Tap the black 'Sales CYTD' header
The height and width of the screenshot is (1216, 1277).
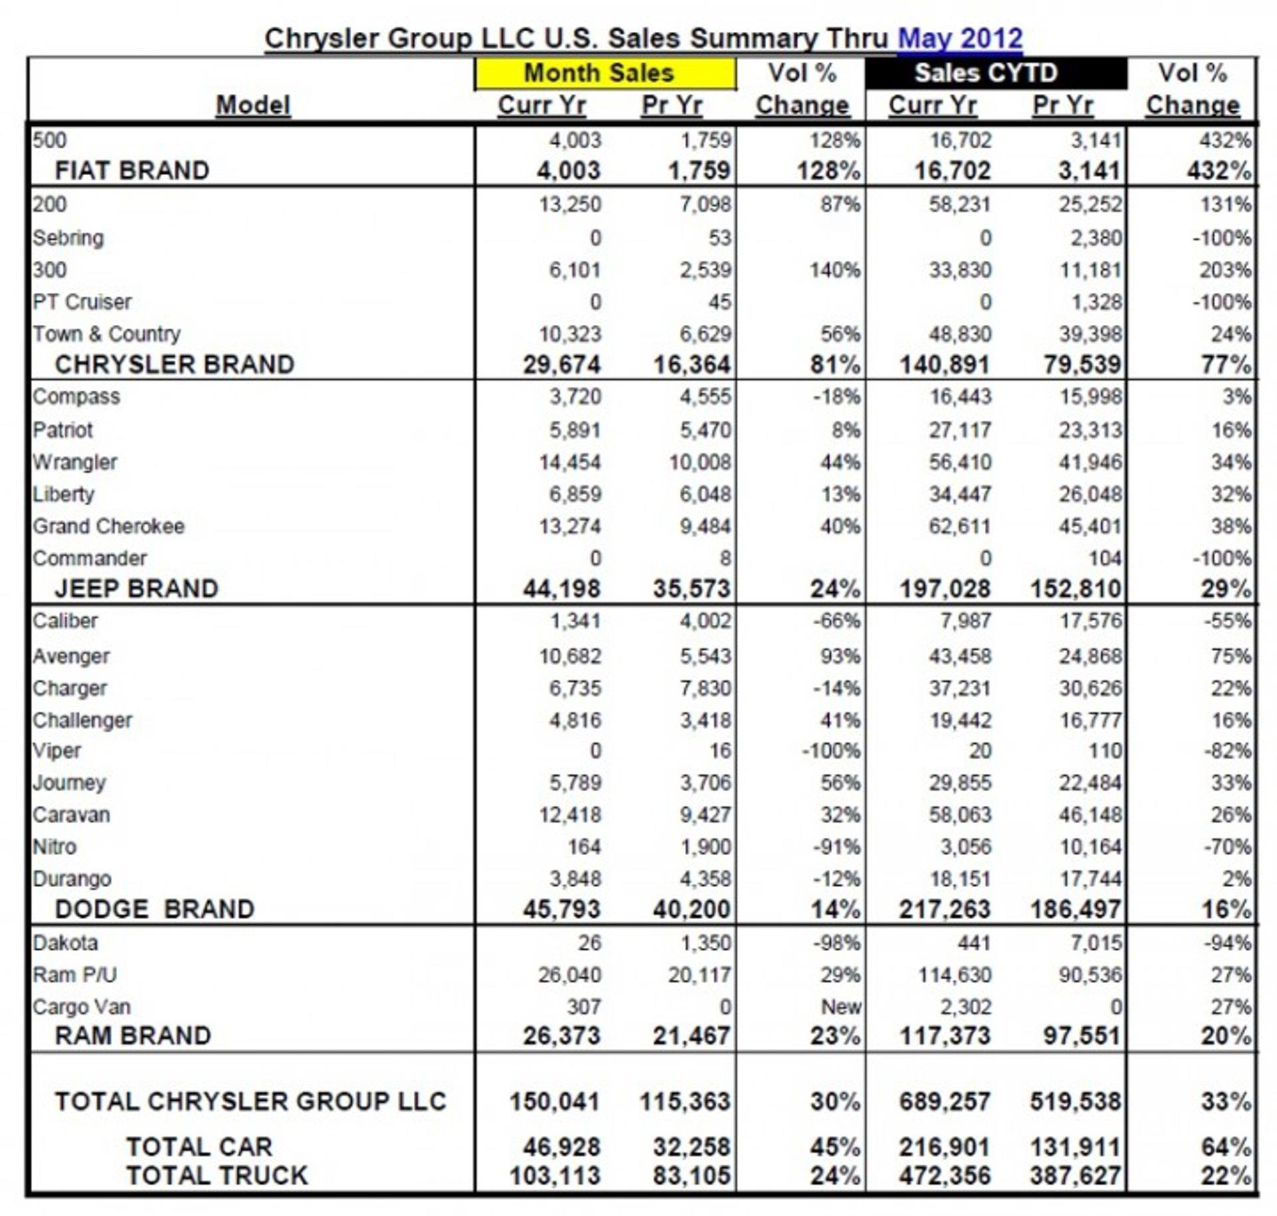[x=985, y=73]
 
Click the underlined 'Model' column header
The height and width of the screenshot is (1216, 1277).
[x=253, y=104]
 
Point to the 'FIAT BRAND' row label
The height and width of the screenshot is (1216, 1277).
[x=132, y=170]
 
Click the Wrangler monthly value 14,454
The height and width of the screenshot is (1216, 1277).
[x=569, y=461]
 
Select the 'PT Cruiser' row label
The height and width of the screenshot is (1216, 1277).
[x=82, y=302]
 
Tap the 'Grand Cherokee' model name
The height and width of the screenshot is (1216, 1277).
[x=108, y=526]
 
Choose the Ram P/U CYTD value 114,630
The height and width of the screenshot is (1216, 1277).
[x=954, y=974]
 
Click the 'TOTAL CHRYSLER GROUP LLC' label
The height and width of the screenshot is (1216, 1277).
[x=250, y=1101]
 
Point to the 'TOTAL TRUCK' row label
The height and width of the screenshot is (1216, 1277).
[x=217, y=1175]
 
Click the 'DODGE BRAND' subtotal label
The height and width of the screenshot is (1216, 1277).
[x=154, y=909]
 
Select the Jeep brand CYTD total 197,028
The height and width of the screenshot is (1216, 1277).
[x=944, y=588]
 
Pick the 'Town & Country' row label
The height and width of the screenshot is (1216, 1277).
[x=106, y=333]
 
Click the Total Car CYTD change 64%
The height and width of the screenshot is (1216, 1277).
[x=1224, y=1147]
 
